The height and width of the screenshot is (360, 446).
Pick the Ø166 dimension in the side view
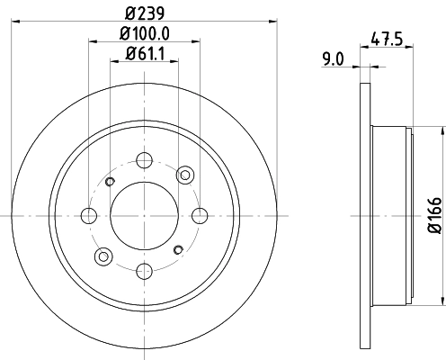coord(433,216)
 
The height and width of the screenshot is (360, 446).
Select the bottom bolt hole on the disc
coord(144,269)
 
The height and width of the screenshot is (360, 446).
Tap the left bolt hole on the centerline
coord(89,215)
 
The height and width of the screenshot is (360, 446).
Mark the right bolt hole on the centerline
coord(199,215)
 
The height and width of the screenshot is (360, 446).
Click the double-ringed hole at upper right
coord(186,174)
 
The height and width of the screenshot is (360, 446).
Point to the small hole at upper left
coord(110,182)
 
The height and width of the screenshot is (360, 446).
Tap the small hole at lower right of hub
coord(178,248)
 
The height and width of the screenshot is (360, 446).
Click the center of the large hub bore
coord(144,215)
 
